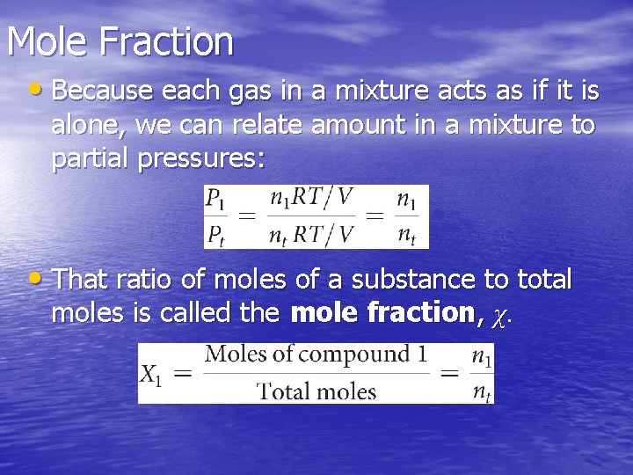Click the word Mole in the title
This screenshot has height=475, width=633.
point(48,41)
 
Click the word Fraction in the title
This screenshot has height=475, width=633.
point(166,41)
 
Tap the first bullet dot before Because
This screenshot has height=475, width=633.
point(34,89)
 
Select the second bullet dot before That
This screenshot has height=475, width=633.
point(34,280)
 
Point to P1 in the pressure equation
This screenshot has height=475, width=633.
point(215,200)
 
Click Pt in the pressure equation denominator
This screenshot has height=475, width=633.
point(215,235)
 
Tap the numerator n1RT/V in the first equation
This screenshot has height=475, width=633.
point(312,199)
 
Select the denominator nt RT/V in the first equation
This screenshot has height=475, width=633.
point(312,235)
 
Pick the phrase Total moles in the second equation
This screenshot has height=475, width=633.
point(316,391)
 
